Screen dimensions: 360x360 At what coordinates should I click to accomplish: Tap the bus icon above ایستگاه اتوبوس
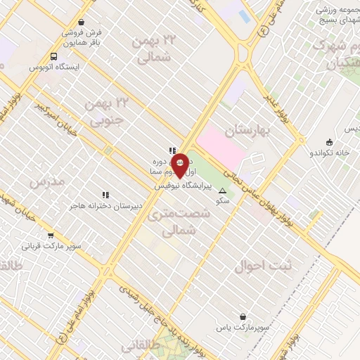(x=54, y=56)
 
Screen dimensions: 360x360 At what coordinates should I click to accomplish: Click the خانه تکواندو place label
(x=330, y=152)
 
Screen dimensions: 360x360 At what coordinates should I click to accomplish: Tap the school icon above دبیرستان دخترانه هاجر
(x=105, y=195)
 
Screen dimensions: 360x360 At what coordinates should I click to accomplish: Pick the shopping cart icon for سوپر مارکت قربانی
(x=51, y=236)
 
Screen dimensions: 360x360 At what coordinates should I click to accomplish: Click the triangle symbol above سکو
(x=224, y=191)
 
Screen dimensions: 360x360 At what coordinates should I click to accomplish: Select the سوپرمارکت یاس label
(x=242, y=329)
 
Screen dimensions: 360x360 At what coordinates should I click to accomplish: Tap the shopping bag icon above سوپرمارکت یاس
(x=243, y=318)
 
